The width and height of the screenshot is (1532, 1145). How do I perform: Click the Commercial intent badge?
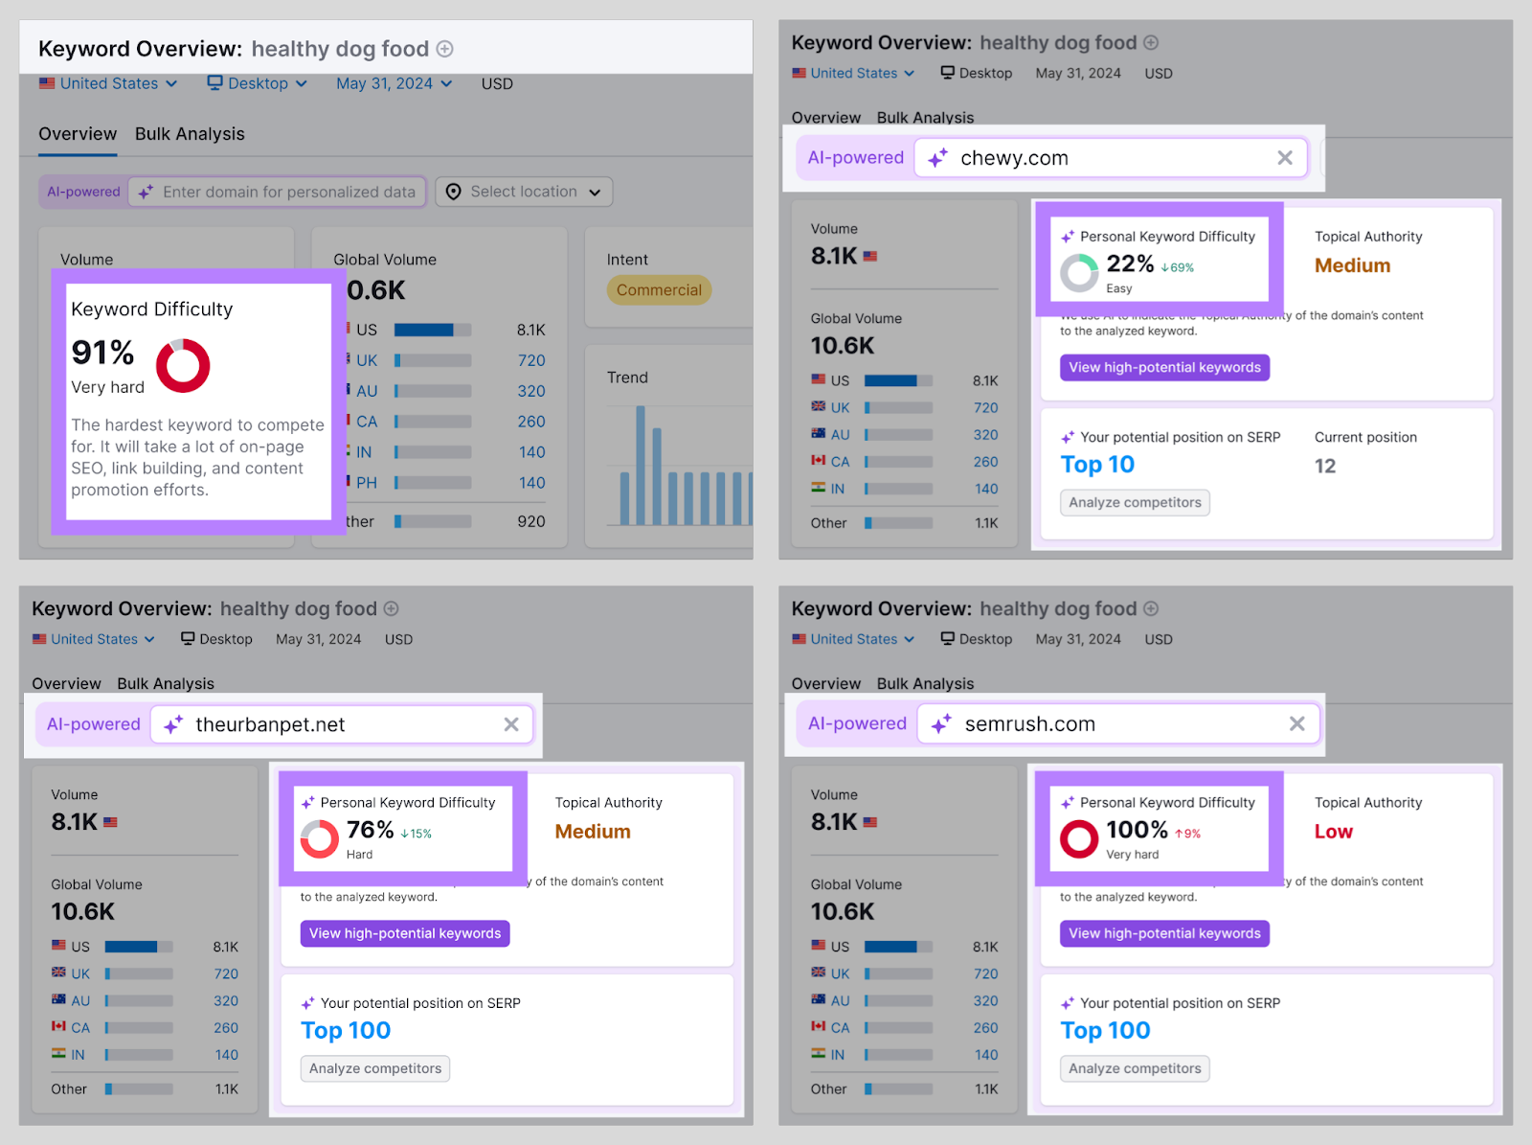[659, 290]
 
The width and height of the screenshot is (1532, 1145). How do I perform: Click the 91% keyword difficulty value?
[102, 353]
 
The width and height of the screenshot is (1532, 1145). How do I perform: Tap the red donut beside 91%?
[183, 365]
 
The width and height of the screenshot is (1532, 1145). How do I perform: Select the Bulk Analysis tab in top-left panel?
[190, 134]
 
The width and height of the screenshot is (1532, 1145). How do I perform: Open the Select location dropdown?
[524, 192]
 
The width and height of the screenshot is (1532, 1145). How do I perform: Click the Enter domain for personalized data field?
[288, 192]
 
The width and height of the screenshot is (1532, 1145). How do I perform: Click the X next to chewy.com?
[1285, 158]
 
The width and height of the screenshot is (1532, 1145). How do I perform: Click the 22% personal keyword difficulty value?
[1130, 263]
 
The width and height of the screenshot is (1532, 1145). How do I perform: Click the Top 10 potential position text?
[1097, 465]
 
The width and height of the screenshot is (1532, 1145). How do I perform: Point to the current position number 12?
[1325, 467]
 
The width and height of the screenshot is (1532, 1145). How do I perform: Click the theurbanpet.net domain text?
[270, 725]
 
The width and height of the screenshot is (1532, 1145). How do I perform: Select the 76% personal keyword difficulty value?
[370, 830]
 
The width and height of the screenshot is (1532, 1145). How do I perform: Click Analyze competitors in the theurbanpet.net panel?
[375, 1068]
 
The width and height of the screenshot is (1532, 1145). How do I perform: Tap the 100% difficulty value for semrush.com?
[1137, 830]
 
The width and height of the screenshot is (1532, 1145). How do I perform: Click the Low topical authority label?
[1333, 832]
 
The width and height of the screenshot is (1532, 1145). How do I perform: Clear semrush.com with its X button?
[1296, 724]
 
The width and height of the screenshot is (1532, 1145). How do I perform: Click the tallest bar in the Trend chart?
[640, 465]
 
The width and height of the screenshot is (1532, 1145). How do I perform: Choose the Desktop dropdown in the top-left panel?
[258, 84]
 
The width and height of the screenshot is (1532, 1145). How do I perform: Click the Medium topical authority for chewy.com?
[1352, 265]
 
